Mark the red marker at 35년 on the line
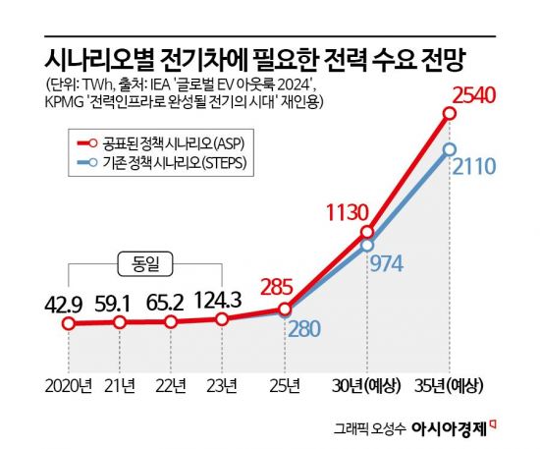click(x=449, y=114)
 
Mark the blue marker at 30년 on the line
click(x=367, y=245)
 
